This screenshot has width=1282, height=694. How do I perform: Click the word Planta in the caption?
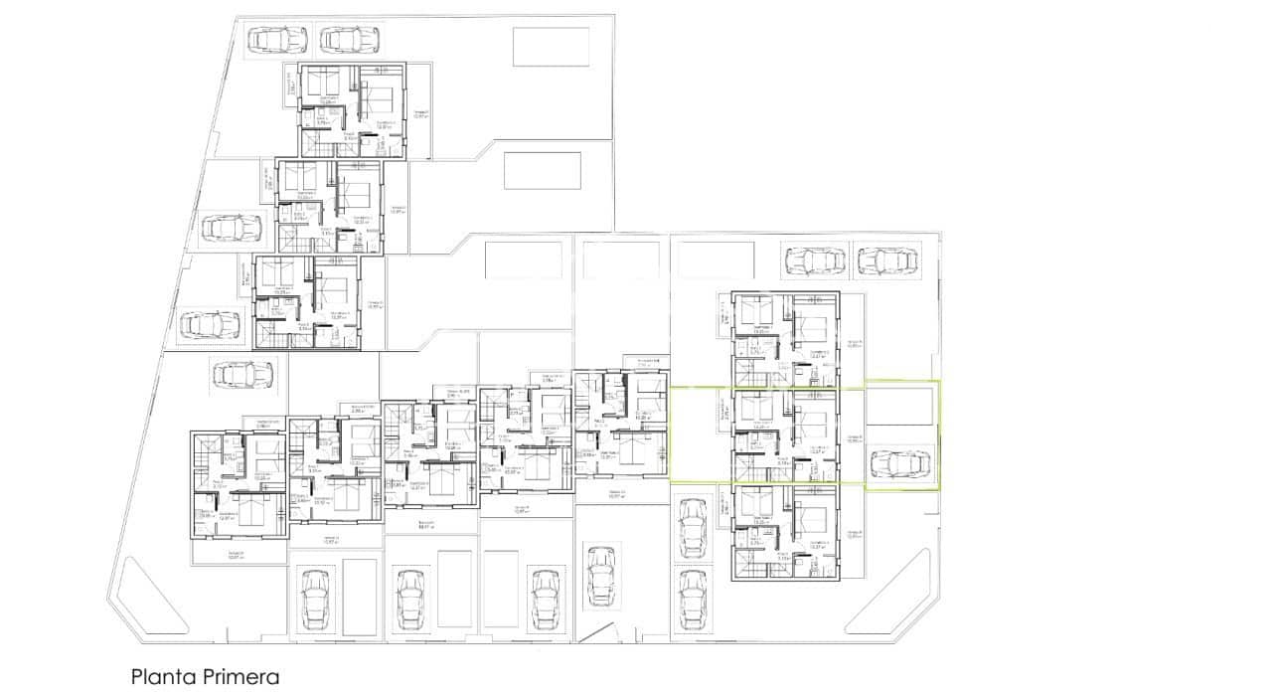tap(161, 677)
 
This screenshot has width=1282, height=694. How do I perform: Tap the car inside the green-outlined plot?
tap(900, 464)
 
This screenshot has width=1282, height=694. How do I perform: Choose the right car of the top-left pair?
tap(349, 39)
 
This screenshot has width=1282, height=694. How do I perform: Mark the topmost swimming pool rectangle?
tap(551, 46)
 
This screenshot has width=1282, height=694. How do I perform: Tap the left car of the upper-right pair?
tap(815, 261)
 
